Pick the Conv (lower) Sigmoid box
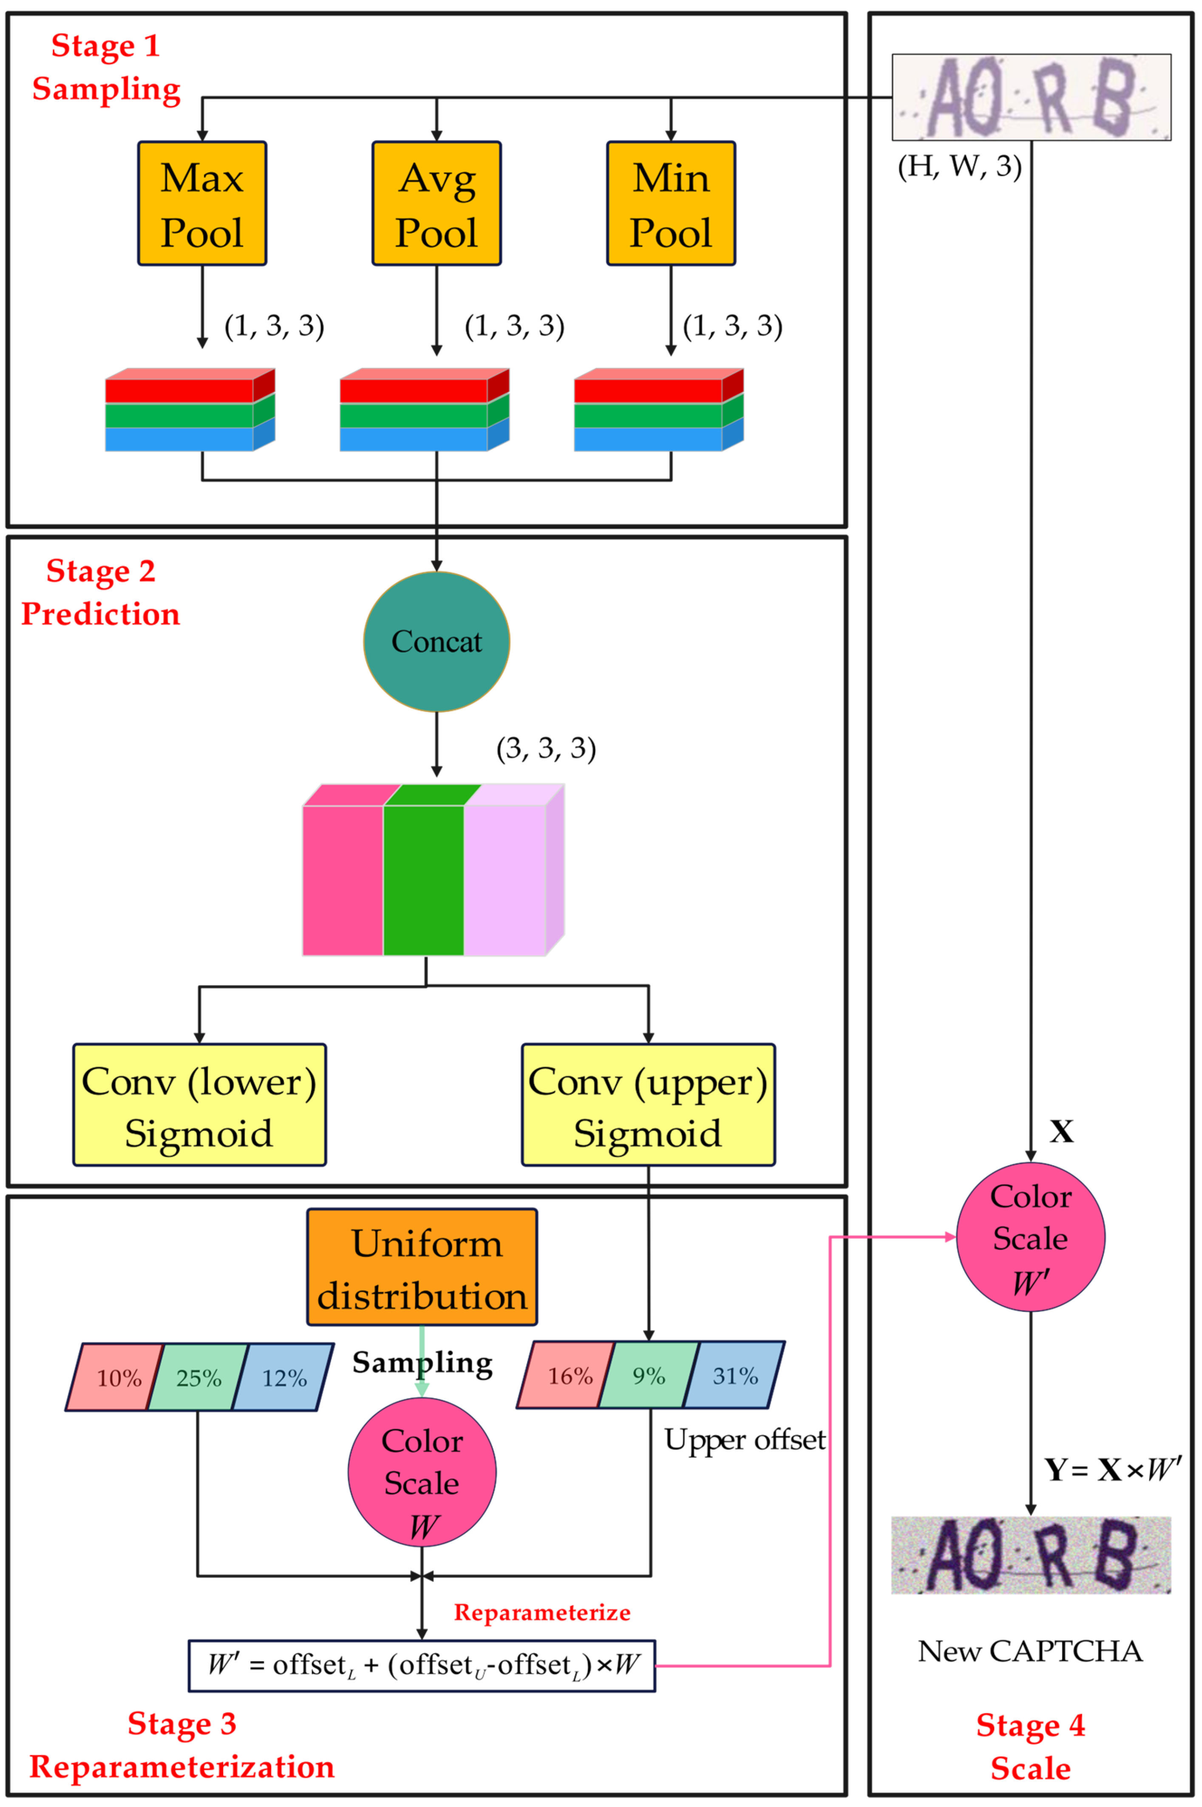(x=199, y=1105)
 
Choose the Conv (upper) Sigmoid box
(x=648, y=1105)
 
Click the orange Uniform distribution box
(x=422, y=1267)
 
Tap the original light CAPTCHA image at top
(x=1031, y=97)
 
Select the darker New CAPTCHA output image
(x=1030, y=1555)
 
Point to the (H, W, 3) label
(x=959, y=166)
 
